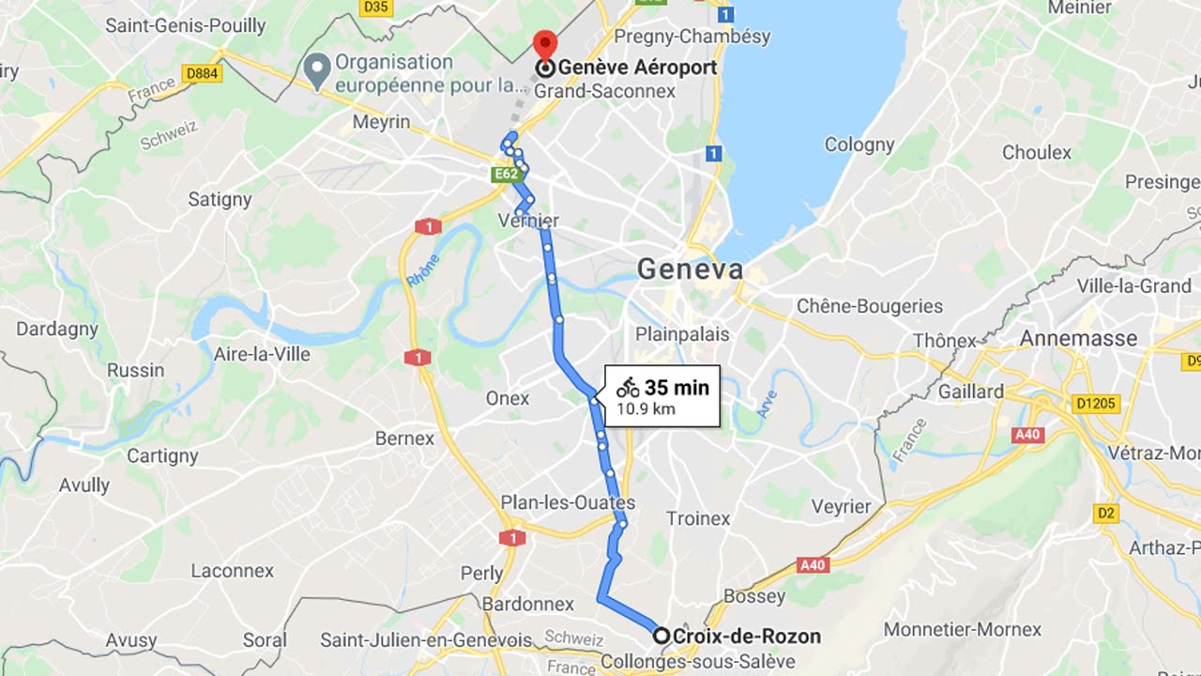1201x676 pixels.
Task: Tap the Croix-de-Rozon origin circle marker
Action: [661, 636]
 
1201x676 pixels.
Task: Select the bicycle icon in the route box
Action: [628, 387]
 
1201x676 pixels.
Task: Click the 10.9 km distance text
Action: [646, 409]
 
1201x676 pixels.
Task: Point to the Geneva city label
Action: [690, 269]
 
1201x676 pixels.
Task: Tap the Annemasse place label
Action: [1078, 338]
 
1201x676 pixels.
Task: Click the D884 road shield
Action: [203, 72]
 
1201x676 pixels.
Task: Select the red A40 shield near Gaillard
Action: [1028, 435]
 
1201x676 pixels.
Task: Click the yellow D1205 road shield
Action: [1096, 404]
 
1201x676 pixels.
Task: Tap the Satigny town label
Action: [220, 199]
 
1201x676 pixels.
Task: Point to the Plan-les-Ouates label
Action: [568, 502]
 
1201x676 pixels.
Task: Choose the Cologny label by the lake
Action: [859, 145]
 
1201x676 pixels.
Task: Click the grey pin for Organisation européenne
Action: [317, 67]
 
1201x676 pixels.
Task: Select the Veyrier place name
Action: [841, 506]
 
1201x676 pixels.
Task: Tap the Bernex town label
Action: [404, 438]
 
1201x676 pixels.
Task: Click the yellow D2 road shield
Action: [1106, 513]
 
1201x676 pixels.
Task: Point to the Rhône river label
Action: [422, 272]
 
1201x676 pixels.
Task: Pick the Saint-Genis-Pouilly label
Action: [185, 25]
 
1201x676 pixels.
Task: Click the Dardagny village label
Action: [57, 330]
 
